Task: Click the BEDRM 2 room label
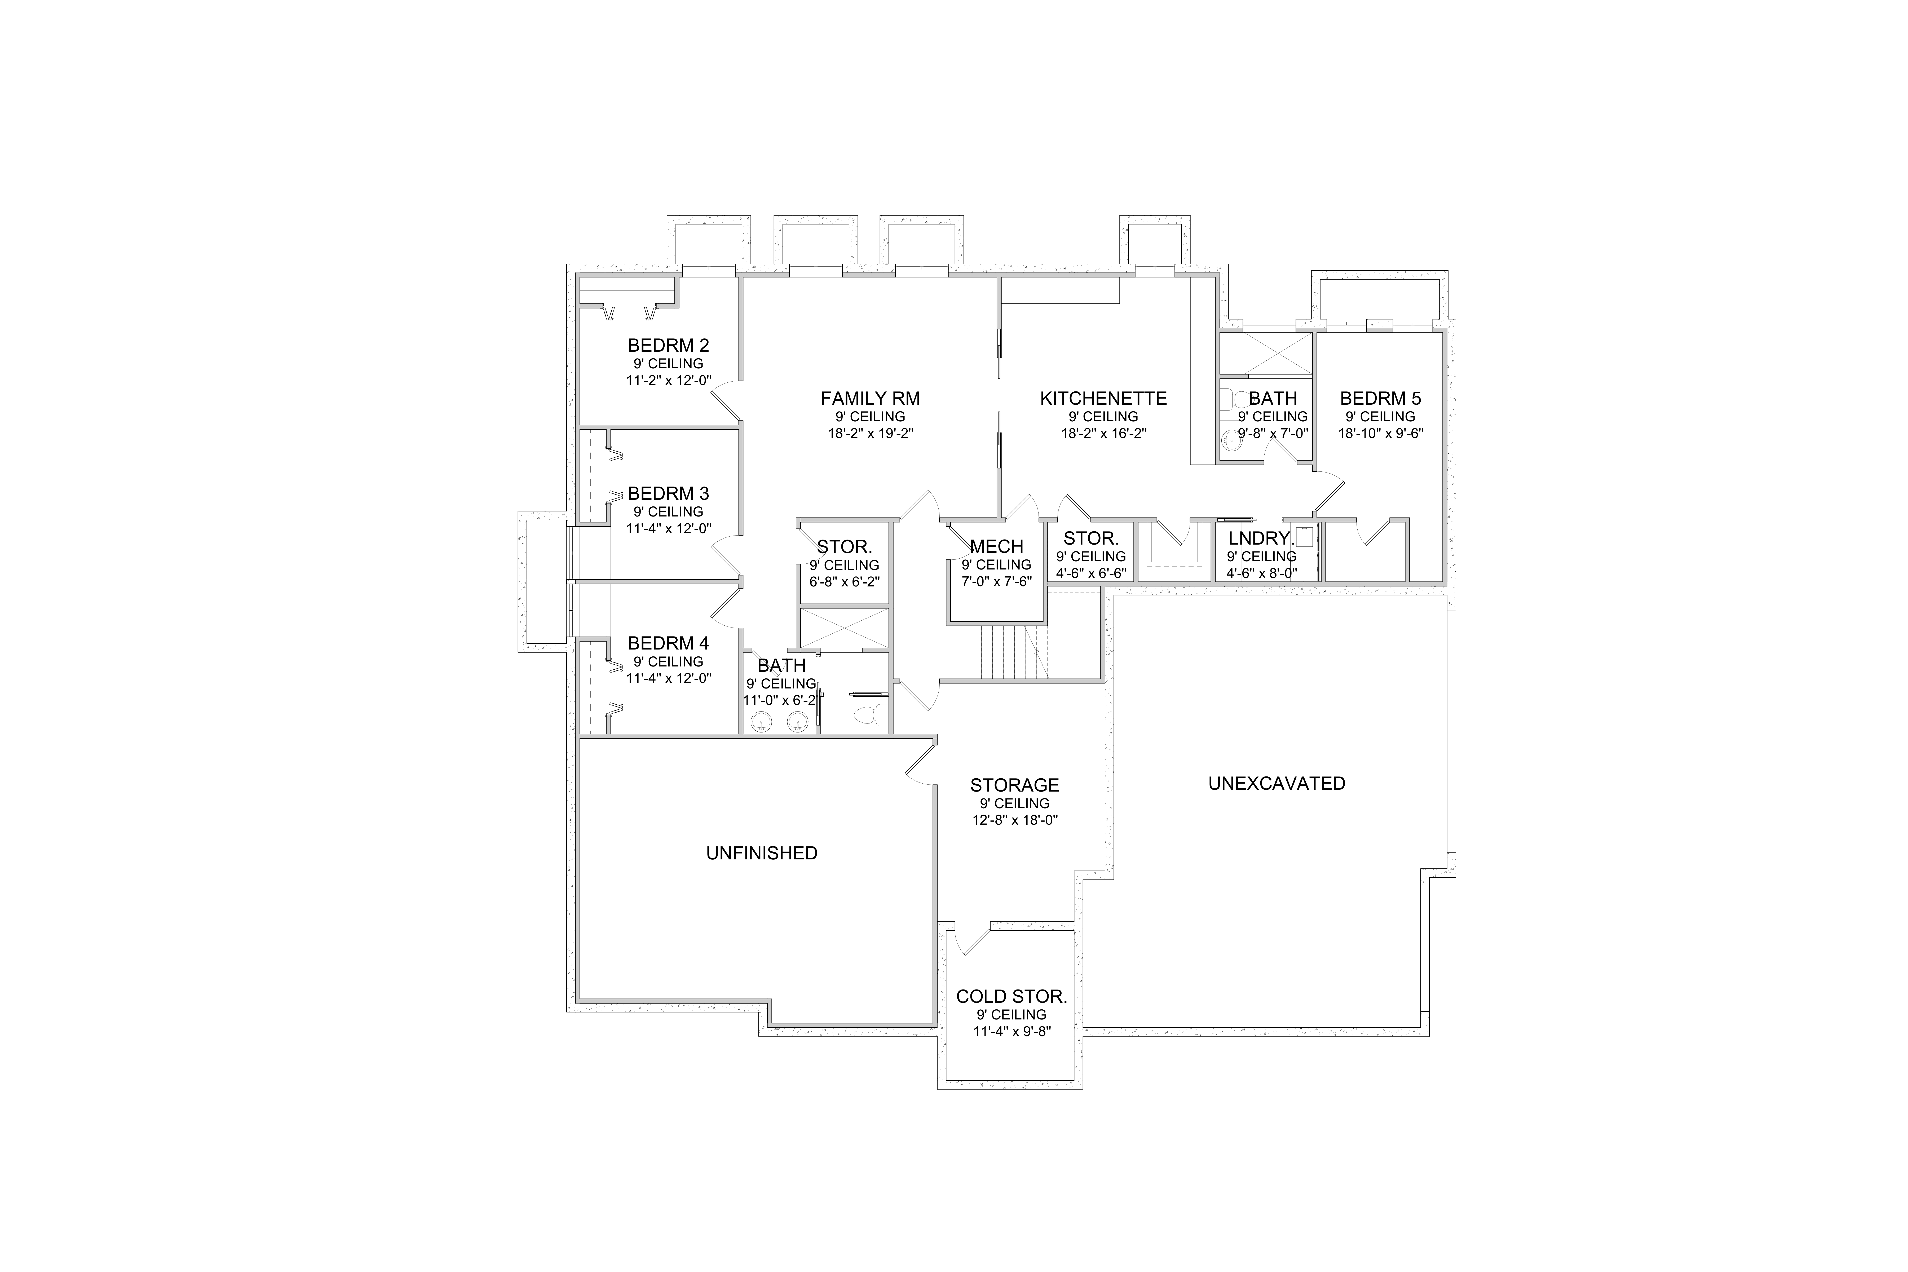(x=668, y=346)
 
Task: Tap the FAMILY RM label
(x=871, y=398)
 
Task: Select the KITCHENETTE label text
(x=1103, y=398)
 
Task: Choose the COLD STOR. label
(x=1012, y=996)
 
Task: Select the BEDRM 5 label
(x=1381, y=398)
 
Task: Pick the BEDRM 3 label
(x=668, y=493)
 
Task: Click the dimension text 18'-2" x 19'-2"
(x=871, y=433)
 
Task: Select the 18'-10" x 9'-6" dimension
(x=1381, y=433)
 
